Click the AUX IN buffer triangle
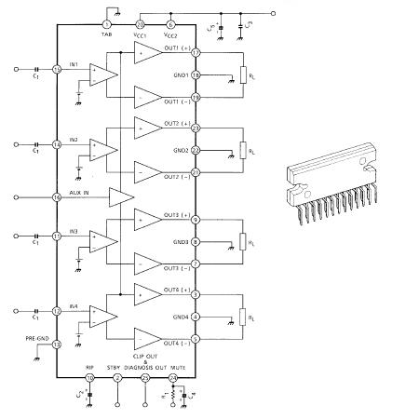121,197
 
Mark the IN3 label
72,230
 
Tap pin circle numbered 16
57,197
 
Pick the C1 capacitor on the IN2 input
36,144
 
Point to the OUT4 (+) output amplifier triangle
148,291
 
